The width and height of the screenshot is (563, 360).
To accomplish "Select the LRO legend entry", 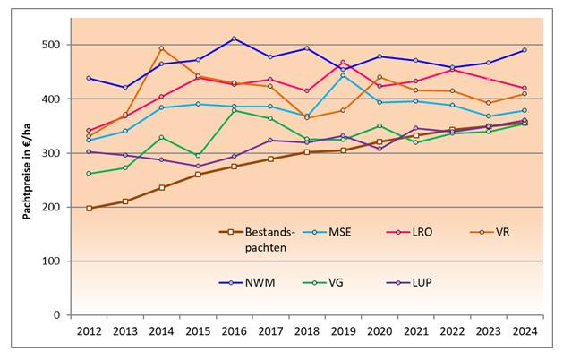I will pos(422,232).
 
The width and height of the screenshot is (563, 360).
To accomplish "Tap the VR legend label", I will pos(500,232).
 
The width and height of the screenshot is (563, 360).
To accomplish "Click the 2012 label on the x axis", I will pos(88,332).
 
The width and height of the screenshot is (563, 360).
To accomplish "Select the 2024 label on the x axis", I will pos(524,332).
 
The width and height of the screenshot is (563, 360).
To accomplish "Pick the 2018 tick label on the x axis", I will pos(306,332).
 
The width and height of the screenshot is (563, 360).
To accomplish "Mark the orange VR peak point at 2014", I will pos(161,48).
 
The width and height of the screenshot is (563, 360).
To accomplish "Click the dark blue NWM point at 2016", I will pos(234,39).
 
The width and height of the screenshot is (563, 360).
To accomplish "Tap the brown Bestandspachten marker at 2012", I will pos(89,208).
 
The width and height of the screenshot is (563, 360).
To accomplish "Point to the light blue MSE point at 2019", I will pos(343,75).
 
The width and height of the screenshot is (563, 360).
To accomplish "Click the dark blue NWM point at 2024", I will pos(525,50).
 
